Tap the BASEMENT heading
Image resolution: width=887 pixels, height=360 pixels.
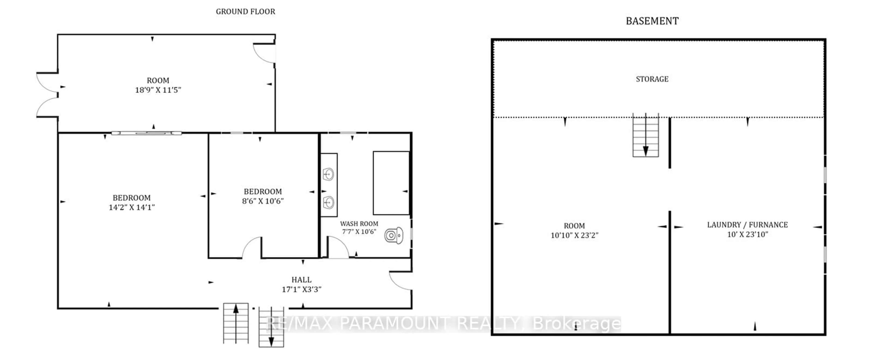(x=652, y=21)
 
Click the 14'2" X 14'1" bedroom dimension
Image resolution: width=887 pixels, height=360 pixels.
(x=131, y=207)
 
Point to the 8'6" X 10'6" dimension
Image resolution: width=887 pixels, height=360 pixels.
(x=262, y=201)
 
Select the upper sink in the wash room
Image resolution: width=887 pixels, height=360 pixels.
(x=328, y=174)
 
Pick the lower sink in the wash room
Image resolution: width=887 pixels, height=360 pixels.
(x=328, y=202)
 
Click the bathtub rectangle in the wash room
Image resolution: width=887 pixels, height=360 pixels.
(x=391, y=183)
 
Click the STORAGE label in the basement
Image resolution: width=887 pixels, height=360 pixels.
(x=652, y=79)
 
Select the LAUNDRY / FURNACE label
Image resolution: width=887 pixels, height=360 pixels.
(x=747, y=225)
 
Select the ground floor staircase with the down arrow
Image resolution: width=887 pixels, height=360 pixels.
(x=271, y=327)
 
